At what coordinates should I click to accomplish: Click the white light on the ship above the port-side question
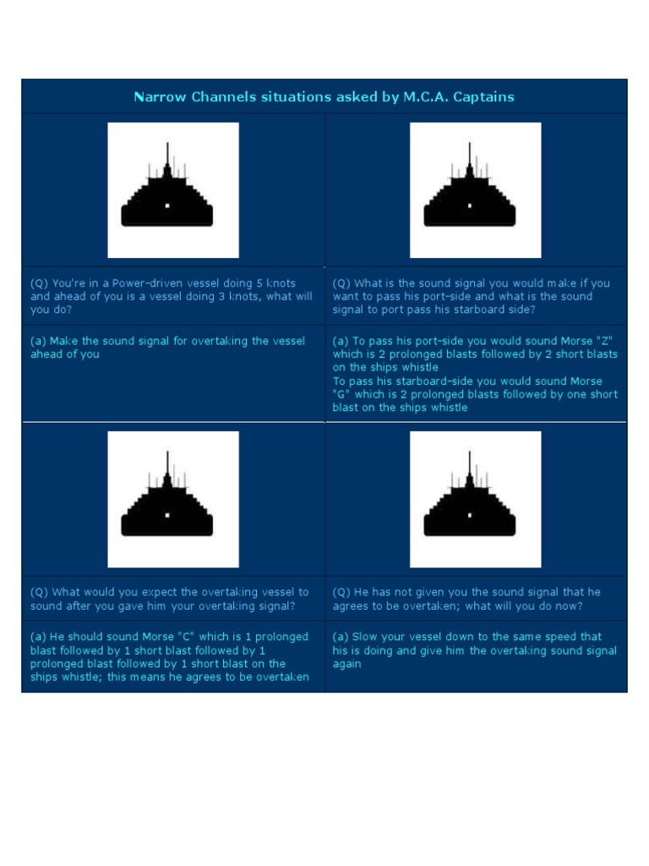pyautogui.click(x=470, y=206)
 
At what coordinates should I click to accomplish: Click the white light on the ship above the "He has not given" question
pyautogui.click(x=470, y=514)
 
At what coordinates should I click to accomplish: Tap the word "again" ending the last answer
pyautogui.click(x=347, y=664)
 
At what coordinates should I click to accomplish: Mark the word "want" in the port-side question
pyautogui.click(x=346, y=297)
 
